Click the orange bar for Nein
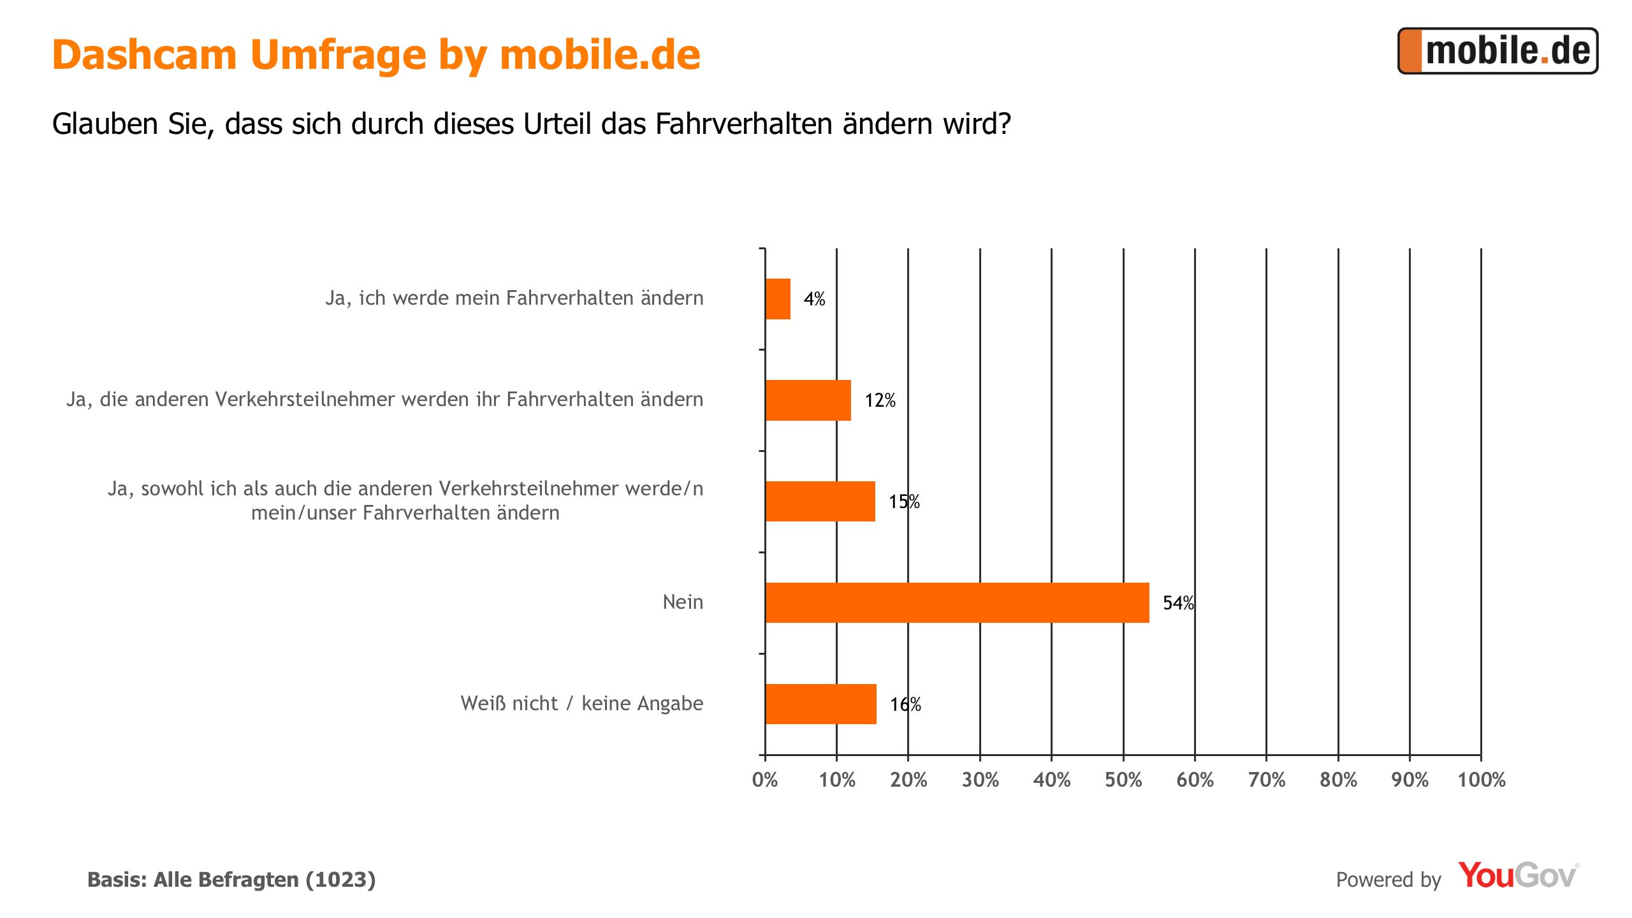coord(956,602)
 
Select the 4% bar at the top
coord(778,299)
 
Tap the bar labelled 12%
coord(808,400)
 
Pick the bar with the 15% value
coord(820,502)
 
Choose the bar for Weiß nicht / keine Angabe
coord(820,704)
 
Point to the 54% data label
coord(1178,603)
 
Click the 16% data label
coord(905,704)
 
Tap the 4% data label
coord(814,299)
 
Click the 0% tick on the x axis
coord(765,780)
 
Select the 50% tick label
coord(1123,780)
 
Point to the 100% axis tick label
coord(1481,780)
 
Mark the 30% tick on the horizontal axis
coord(980,780)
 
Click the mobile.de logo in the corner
coord(1497,51)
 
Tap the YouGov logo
coord(1518,876)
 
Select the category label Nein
coord(683,602)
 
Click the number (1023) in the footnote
coord(340,880)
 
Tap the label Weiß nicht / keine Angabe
coord(581,703)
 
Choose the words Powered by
coord(1388,880)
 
